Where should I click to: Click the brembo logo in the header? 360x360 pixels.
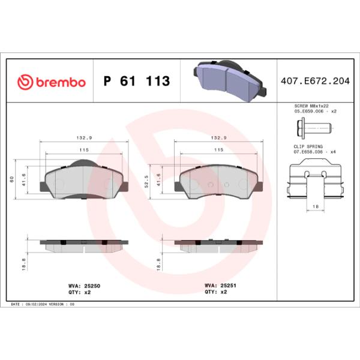point(52,82)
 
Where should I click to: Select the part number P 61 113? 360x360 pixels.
point(137,82)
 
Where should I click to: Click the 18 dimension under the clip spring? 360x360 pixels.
point(315,206)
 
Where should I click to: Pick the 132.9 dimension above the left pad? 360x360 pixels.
point(83,137)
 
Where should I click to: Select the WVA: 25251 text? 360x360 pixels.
point(219,286)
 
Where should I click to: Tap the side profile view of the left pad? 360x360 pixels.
point(83,244)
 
